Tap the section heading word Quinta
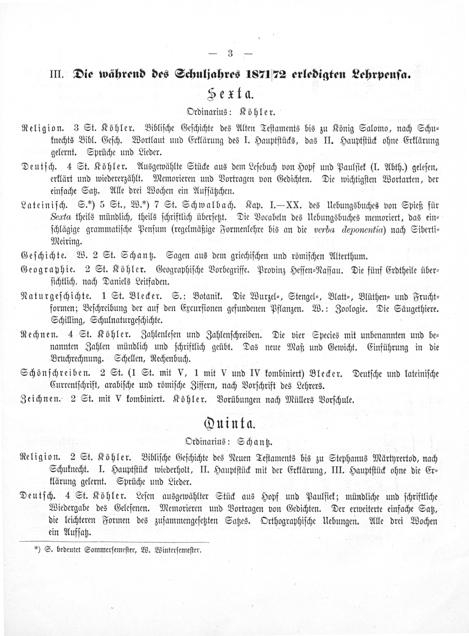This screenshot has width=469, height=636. (230, 424)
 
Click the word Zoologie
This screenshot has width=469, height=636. (351, 309)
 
